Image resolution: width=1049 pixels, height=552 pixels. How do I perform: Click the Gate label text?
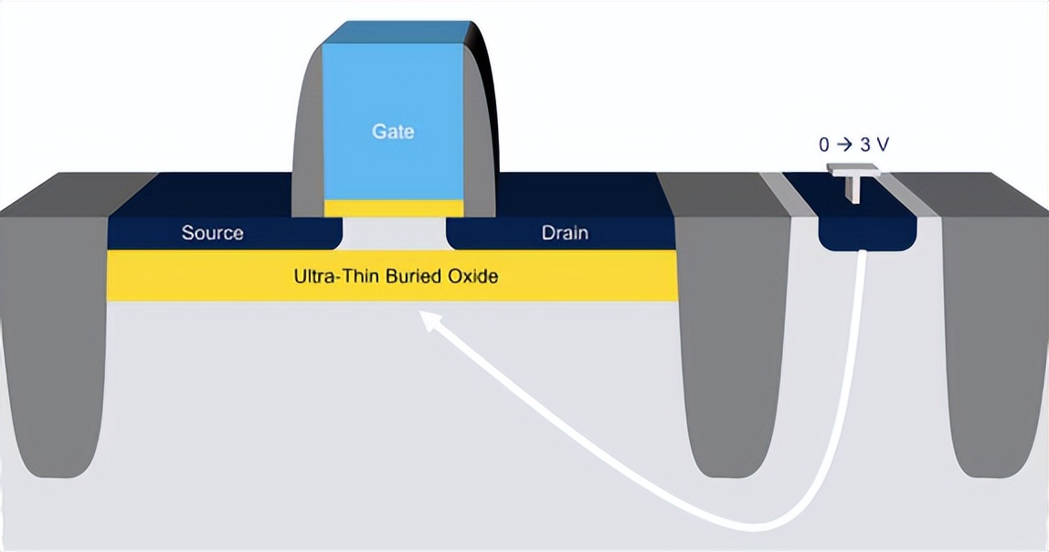click(x=393, y=132)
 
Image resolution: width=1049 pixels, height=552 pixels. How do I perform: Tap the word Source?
click(x=212, y=232)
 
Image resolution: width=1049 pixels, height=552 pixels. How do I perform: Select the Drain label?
click(x=565, y=232)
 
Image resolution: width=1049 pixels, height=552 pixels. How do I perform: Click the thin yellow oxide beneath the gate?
click(x=393, y=207)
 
